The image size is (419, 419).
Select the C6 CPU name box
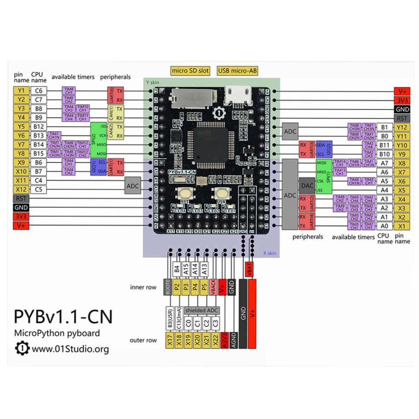(39, 91)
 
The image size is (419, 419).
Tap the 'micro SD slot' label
(190, 71)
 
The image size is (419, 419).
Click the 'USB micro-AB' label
(237, 71)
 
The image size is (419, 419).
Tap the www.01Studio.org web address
(70, 349)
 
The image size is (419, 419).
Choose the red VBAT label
(250, 272)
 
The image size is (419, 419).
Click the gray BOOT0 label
(168, 288)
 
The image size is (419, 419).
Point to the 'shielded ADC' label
(202, 310)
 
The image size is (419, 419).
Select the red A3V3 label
(225, 340)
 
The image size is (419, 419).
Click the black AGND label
(233, 340)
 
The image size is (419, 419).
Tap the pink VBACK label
(213, 288)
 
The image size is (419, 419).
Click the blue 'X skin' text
(269, 253)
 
